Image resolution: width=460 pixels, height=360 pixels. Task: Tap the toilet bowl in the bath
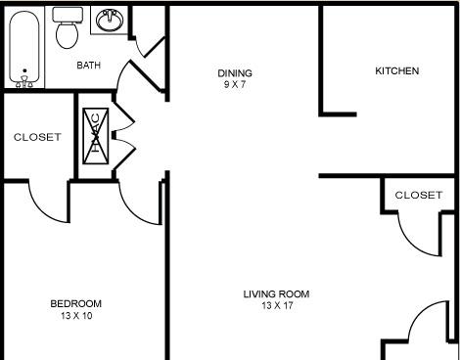click(x=67, y=35)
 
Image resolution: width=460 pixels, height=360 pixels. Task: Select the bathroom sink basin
click(x=110, y=21)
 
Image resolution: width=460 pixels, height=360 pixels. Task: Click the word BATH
click(x=88, y=66)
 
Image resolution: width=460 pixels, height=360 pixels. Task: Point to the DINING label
click(x=235, y=73)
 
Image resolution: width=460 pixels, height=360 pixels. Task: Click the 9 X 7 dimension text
click(x=235, y=85)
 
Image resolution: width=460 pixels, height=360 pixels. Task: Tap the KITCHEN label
click(x=397, y=70)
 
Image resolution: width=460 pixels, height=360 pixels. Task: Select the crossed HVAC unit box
click(x=96, y=136)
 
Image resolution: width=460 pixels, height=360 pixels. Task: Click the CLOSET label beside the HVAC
click(x=37, y=137)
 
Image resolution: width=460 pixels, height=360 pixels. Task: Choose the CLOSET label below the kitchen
click(x=419, y=195)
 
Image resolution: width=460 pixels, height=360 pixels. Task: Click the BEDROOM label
click(x=76, y=304)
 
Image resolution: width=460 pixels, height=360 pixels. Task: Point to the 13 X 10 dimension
click(x=76, y=316)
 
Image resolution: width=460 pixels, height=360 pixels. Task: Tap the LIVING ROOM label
click(x=276, y=294)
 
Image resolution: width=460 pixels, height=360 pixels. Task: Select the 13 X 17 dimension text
click(x=277, y=306)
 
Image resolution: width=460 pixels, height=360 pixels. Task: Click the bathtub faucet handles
click(x=24, y=82)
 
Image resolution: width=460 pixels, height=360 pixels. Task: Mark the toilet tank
click(x=68, y=15)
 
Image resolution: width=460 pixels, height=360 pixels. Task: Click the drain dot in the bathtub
click(x=24, y=70)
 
